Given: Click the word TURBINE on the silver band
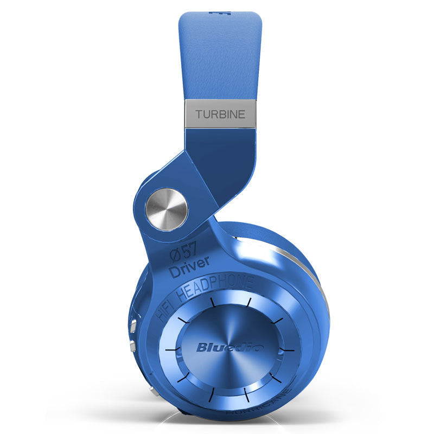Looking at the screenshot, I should pyautogui.click(x=220, y=114).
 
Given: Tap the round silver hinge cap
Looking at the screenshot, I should pyautogui.click(x=167, y=209).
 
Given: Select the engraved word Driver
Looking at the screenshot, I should pyautogui.click(x=189, y=269).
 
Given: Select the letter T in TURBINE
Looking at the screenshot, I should pyautogui.click(x=199, y=114).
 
